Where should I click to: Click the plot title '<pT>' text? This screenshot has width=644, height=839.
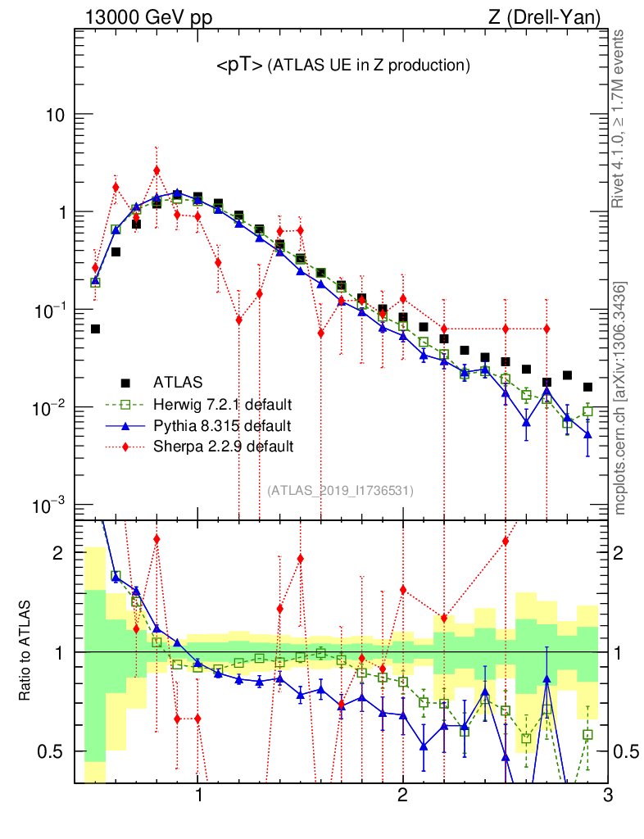(239, 66)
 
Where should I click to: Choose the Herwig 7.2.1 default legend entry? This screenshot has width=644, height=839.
(222, 404)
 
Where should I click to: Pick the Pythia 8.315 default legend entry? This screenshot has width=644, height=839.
(221, 426)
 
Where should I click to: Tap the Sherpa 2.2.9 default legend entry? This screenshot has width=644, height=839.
(221, 447)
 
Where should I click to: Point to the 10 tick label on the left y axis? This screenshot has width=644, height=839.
(55, 116)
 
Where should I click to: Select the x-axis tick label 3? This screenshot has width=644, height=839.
(607, 795)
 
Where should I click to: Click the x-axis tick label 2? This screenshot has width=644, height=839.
(402, 795)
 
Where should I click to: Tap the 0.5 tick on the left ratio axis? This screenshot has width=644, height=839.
(52, 751)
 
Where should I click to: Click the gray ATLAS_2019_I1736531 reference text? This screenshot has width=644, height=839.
(340, 491)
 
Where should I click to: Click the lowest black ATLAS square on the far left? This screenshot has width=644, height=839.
(95, 329)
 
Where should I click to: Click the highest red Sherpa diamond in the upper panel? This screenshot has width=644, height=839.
(156, 170)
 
